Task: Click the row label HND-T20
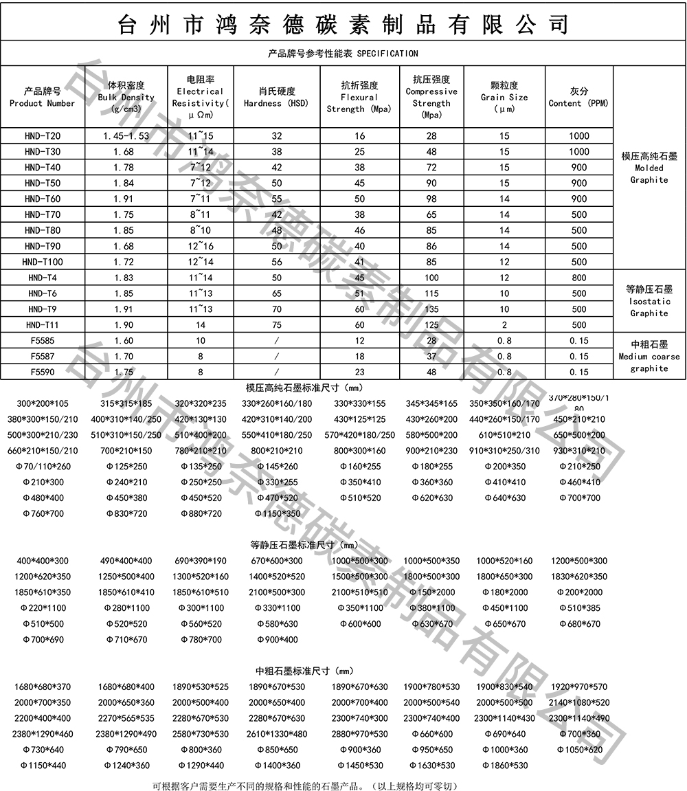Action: coord(43,136)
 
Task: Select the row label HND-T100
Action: coord(43,262)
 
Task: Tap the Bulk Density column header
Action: coord(126,97)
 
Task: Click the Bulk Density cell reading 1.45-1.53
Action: coord(126,136)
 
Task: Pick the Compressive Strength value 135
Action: coord(431,309)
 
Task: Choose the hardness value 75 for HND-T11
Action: coord(277,325)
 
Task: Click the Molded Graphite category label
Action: coord(649,168)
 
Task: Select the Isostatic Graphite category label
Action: coord(649,302)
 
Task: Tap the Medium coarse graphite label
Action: coord(649,357)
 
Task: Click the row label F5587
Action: coord(43,357)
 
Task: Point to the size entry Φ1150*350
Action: coord(278,513)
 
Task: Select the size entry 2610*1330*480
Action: coord(278,734)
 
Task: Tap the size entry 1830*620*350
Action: coord(579,577)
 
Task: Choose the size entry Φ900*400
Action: coord(278,640)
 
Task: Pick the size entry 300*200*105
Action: coord(43,403)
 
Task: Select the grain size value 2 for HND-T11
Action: coord(504,325)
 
